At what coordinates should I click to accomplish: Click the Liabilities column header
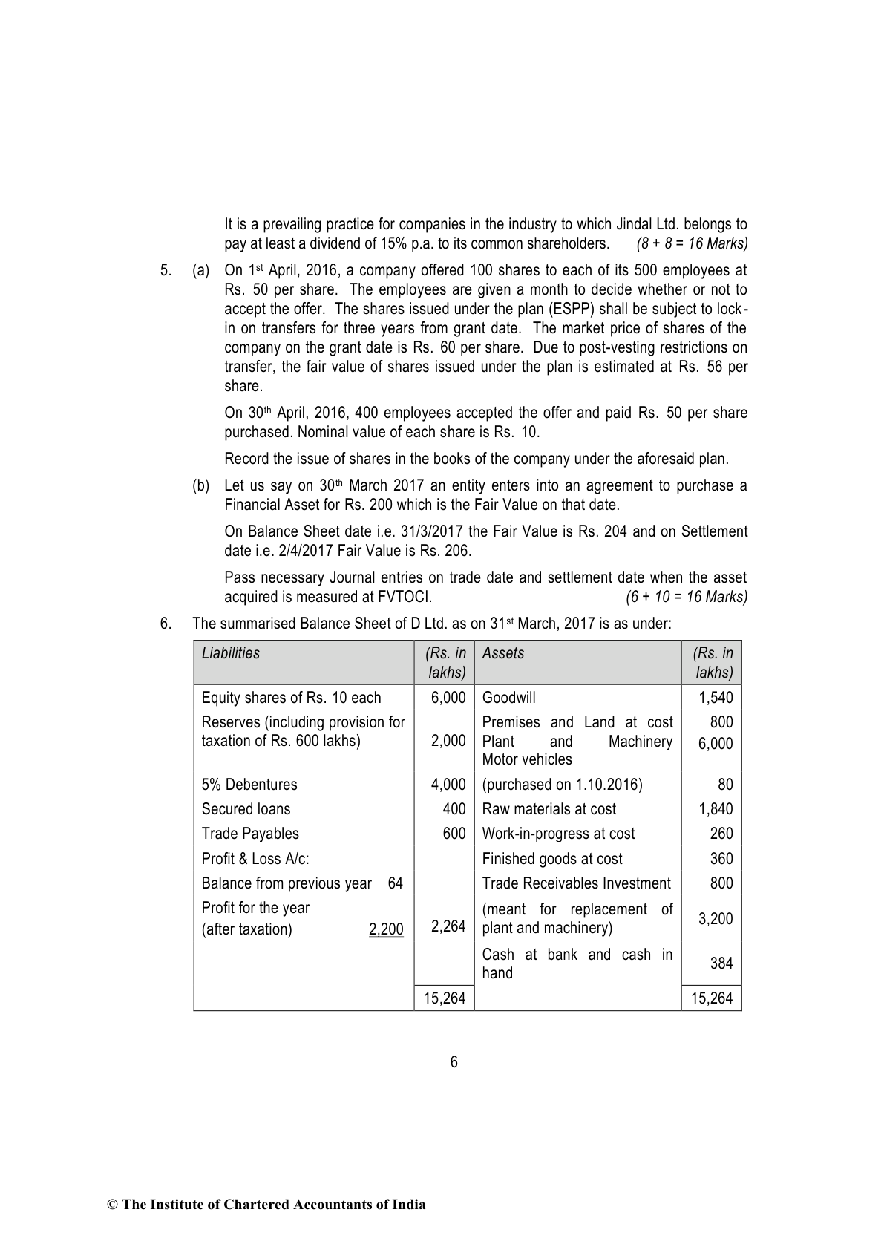(x=231, y=653)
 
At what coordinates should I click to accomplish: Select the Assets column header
(x=503, y=653)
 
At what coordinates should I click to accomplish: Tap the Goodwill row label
(x=508, y=698)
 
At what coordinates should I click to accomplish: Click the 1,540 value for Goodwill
(x=716, y=698)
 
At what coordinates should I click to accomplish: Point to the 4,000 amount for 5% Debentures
(x=448, y=785)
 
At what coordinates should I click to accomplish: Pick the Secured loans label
(x=246, y=809)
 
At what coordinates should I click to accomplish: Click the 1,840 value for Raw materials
(x=716, y=809)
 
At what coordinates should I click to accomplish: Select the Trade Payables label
(x=250, y=834)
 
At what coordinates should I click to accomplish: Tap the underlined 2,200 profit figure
(x=386, y=929)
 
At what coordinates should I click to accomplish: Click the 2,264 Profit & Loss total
(x=448, y=926)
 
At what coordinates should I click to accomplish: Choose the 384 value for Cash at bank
(x=721, y=963)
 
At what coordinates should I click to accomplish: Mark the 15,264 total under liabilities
(x=445, y=998)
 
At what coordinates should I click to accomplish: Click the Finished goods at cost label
(x=552, y=859)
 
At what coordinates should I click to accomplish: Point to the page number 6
(x=454, y=1062)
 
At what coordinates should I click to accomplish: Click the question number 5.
(x=166, y=270)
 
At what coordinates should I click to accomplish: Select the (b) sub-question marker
(x=200, y=485)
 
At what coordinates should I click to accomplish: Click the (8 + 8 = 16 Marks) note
(x=692, y=243)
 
